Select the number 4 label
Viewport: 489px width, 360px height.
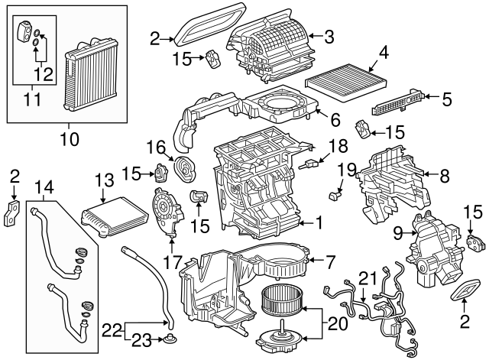click(384, 53)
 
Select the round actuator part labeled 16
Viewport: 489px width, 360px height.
click(183, 167)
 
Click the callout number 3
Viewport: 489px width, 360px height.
click(329, 36)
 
